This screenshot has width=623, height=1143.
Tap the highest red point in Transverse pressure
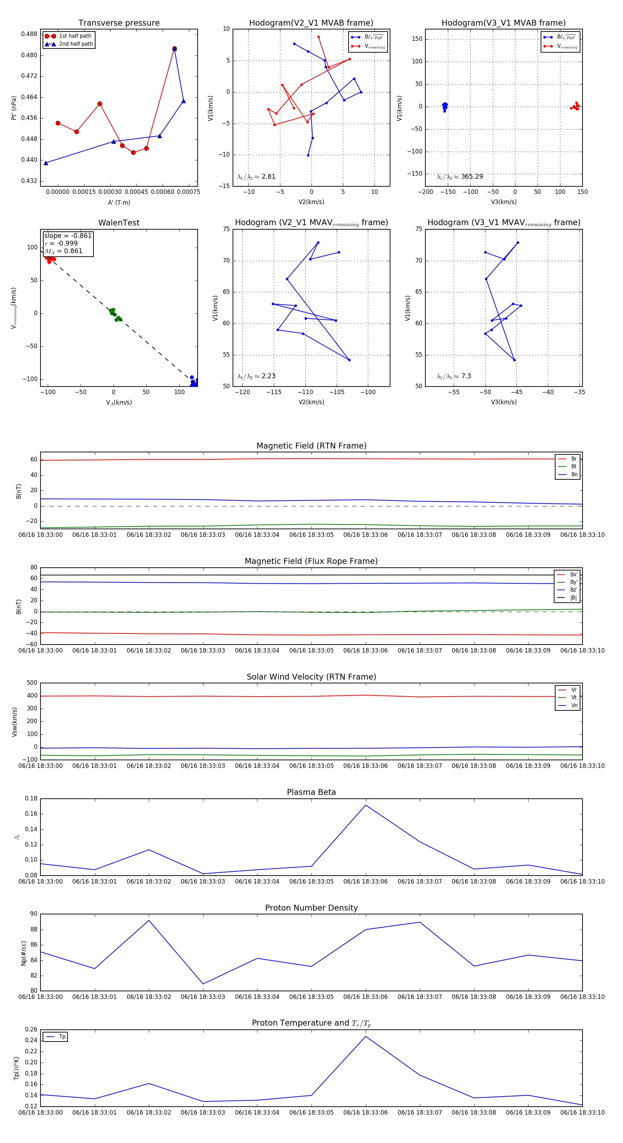click(174, 49)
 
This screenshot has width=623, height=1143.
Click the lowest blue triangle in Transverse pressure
click(46, 163)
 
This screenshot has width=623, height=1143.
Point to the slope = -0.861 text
click(68, 236)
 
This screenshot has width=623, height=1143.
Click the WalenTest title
click(119, 223)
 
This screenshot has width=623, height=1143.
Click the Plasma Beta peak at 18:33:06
click(365, 805)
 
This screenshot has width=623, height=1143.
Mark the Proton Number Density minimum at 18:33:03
click(203, 984)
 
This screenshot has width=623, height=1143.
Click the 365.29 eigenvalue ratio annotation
click(460, 177)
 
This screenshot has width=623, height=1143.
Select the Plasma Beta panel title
click(311, 792)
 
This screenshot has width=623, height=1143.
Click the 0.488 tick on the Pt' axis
click(29, 34)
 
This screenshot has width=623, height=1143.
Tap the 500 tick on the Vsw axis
click(32, 683)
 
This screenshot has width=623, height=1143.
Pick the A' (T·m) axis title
click(119, 202)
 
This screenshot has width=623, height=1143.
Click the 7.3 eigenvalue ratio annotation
click(454, 376)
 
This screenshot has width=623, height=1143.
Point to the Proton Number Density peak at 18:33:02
click(149, 920)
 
